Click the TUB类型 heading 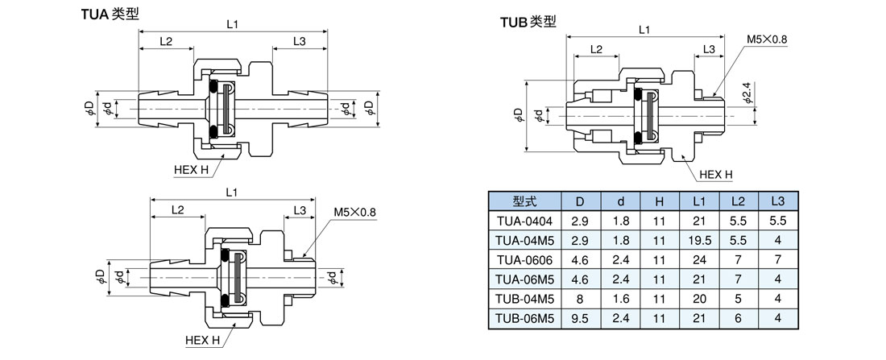[528, 22]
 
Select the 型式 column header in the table [524, 201]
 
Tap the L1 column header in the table [699, 201]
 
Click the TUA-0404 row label [524, 220]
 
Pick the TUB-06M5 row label [524, 318]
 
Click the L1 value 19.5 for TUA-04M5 [699, 240]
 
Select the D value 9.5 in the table [580, 318]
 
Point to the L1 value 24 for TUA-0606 [699, 259]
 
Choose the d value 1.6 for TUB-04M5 [619, 299]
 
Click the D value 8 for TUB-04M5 [580, 299]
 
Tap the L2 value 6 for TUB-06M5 [738, 318]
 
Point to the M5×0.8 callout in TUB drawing [766, 39]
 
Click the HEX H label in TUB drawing [715, 174]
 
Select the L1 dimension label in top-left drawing [232, 25]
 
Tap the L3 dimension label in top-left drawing [299, 40]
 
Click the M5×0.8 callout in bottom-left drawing [355, 213]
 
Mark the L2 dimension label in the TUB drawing [596, 49]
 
